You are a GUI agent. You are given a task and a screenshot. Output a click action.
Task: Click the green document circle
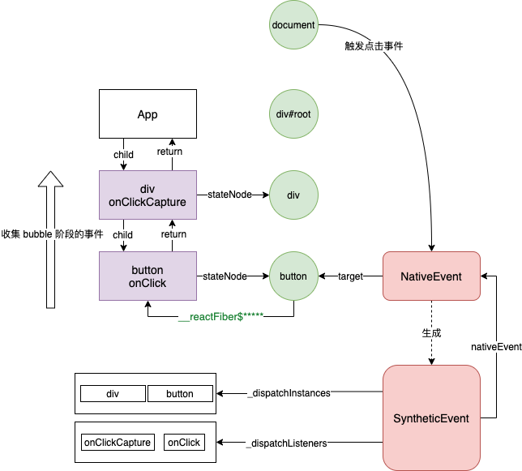point(293,25)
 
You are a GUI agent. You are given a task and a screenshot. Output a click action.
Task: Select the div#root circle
point(293,113)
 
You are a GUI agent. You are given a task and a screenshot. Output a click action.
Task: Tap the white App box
point(148,113)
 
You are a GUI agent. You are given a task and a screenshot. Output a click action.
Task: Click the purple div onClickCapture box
point(148,195)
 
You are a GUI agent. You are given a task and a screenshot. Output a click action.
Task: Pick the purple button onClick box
point(148,276)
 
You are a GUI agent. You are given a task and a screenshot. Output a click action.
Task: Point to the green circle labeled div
point(293,195)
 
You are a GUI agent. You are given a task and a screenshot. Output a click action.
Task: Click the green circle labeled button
point(293,276)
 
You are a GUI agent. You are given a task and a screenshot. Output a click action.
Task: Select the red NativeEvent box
point(431,276)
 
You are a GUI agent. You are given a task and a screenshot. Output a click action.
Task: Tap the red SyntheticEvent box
point(431,418)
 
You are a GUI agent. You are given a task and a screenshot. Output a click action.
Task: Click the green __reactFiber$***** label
point(220,316)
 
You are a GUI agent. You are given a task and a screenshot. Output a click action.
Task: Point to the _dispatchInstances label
point(289,393)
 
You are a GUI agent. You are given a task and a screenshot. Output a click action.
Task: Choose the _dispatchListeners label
point(287,443)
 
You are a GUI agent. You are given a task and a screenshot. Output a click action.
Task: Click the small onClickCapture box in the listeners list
point(118,443)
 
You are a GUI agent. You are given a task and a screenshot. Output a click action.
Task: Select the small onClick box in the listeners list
point(184,443)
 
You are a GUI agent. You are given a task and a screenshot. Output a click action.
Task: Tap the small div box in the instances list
point(113,394)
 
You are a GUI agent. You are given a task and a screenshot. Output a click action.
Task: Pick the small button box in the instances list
point(180,394)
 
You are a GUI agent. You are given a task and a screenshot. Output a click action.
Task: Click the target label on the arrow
point(350,276)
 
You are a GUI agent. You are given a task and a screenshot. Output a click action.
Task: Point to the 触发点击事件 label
point(374,46)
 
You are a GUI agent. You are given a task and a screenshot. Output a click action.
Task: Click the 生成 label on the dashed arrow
point(431,333)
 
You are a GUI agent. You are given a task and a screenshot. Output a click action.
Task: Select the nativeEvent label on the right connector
point(496,347)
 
